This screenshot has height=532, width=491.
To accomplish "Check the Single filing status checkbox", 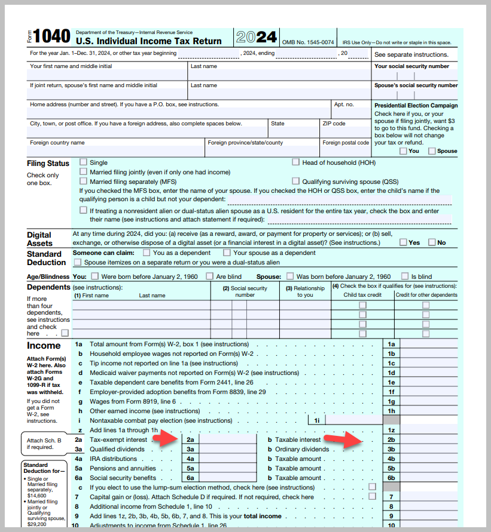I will point(83,162).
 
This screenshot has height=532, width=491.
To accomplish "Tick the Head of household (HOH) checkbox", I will point(296,162).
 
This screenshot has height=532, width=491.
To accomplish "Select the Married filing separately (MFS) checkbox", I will point(83,181).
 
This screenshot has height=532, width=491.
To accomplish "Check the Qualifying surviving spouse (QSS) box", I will point(296,181).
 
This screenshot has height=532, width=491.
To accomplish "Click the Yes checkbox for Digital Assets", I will point(404,242).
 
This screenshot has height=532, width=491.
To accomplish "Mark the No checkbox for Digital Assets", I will point(432,242).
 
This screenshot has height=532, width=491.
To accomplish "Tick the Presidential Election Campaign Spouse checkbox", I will point(432,151).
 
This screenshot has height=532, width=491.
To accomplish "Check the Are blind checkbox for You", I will point(210,276).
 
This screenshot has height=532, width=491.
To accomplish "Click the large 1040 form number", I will point(52,37).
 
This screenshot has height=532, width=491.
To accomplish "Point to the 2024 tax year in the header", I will point(256,38).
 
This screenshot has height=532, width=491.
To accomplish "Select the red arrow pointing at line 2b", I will point(345,440).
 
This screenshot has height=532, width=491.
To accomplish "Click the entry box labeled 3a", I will point(190,449).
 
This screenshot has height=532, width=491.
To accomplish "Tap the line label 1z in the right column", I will point(391,430).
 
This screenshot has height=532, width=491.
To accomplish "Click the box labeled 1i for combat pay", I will point(316,420).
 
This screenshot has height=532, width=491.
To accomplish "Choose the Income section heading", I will point(44,346).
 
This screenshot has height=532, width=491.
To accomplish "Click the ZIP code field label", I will point(334,124).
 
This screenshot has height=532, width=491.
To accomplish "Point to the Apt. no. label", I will point(344,104).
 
